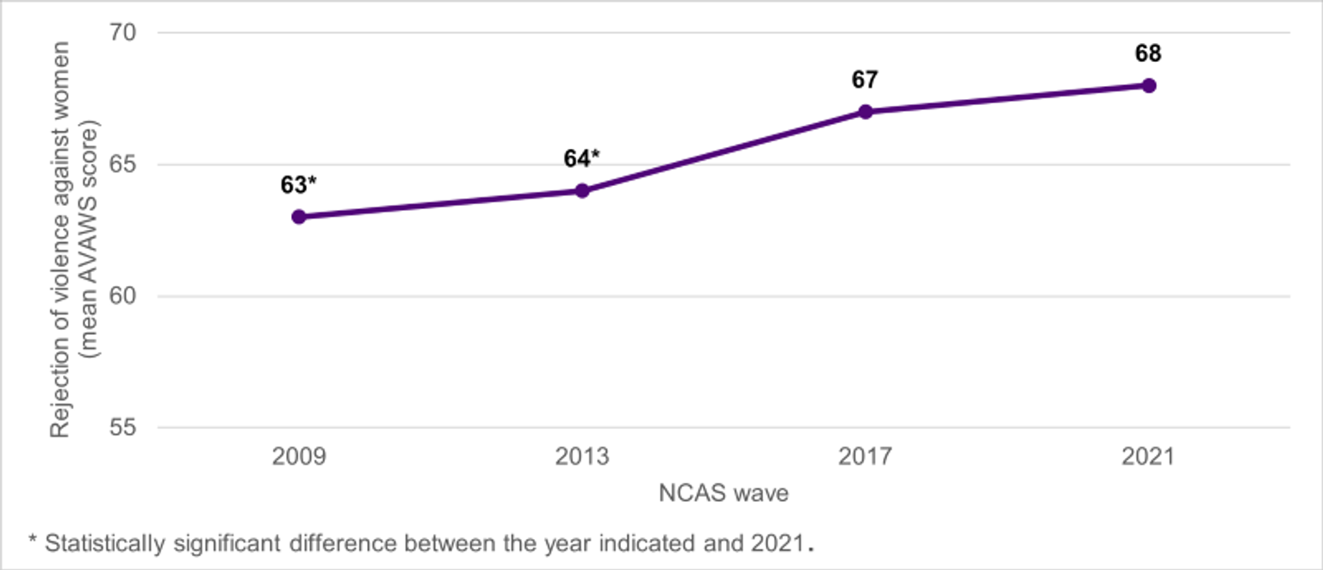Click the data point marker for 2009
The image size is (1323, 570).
[x=299, y=217]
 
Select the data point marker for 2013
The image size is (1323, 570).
[x=582, y=190]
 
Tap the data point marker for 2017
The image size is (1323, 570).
[x=866, y=112]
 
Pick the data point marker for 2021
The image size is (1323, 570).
[x=1148, y=85]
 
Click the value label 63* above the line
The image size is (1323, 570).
[x=299, y=185]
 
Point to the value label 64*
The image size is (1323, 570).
[x=582, y=158]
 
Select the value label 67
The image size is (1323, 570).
[x=865, y=80]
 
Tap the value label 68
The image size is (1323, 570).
[x=1148, y=53]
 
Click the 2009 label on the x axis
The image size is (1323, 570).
[x=299, y=457]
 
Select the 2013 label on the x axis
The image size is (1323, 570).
[x=582, y=457]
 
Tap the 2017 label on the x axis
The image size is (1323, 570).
[x=865, y=457]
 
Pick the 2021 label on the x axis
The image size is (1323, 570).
[x=1148, y=457]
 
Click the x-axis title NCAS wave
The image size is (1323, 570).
[x=724, y=494]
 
